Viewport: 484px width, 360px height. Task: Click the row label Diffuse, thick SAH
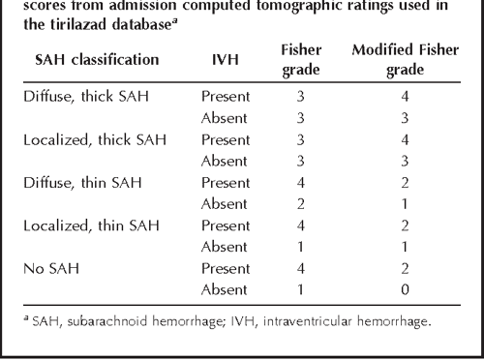(81, 97)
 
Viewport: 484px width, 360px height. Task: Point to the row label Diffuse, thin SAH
(78, 182)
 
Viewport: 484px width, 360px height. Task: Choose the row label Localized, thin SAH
(84, 225)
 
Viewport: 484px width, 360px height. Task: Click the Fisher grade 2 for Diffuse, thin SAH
(302, 203)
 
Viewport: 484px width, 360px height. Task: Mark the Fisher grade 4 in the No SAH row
(302, 267)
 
